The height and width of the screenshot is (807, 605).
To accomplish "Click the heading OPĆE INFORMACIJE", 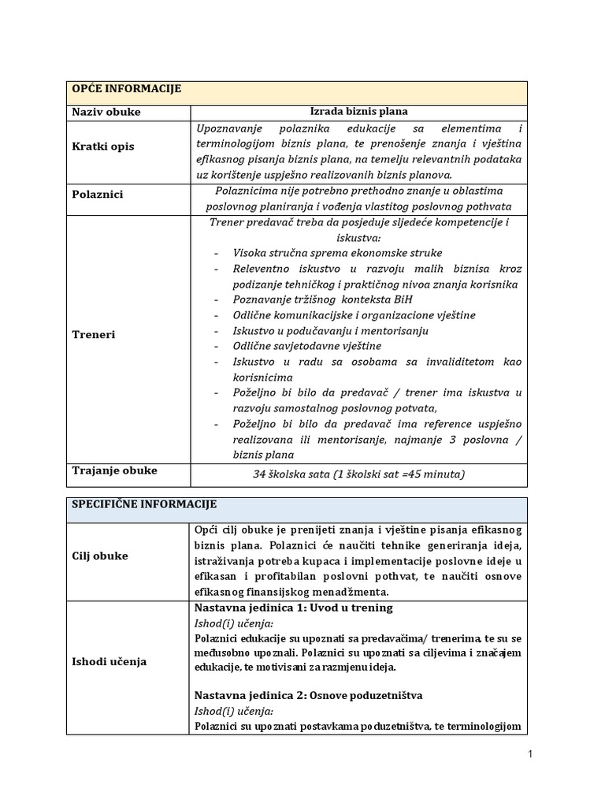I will pyautogui.click(x=127, y=89).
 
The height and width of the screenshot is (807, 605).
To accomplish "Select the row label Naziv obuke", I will pyautogui.click(x=106, y=112).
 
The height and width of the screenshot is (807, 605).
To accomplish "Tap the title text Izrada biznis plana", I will pyautogui.click(x=358, y=112).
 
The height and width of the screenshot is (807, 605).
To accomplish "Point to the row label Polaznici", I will pyautogui.click(x=99, y=194).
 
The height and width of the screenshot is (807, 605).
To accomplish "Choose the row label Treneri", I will pyautogui.click(x=94, y=334).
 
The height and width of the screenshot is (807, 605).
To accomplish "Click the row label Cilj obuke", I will pyautogui.click(x=101, y=556).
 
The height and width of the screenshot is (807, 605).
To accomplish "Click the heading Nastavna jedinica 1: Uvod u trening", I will pyautogui.click(x=293, y=608).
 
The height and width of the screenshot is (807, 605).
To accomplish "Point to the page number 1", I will pyautogui.click(x=531, y=755).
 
